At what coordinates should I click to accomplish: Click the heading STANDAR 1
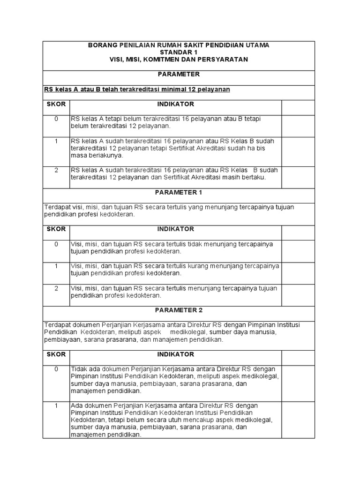pyautogui.click(x=179, y=52)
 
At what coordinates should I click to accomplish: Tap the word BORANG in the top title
pyautogui.click(x=101, y=45)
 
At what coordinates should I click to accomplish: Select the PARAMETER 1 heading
pyautogui.click(x=179, y=192)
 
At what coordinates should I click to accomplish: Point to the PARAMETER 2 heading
pyautogui.click(x=179, y=310)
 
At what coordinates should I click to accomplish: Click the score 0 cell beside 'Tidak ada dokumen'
pyautogui.click(x=56, y=369)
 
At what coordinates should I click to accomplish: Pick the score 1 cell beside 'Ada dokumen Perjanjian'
pyautogui.click(x=56, y=405)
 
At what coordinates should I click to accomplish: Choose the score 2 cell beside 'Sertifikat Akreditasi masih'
pyautogui.click(x=56, y=170)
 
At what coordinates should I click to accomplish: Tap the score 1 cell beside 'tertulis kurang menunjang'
pyautogui.click(x=56, y=266)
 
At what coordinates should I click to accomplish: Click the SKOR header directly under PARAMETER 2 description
pyautogui.click(x=56, y=354)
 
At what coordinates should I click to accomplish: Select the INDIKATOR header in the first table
pyautogui.click(x=175, y=104)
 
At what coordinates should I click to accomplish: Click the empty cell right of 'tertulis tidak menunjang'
pyautogui.click(x=298, y=247)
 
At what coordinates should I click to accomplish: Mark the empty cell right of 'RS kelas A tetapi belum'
pyautogui.click(x=298, y=122)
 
